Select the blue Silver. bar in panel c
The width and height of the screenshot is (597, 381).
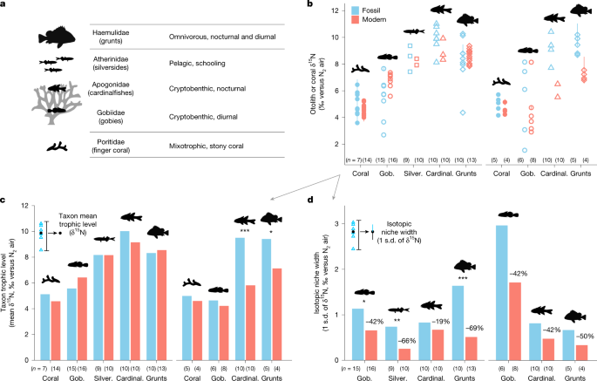(100, 306)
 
